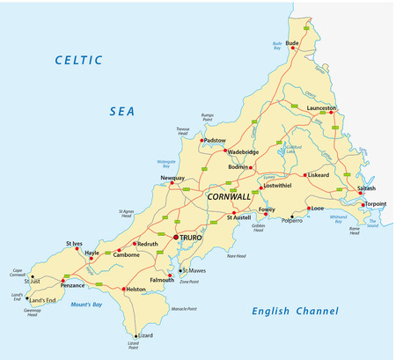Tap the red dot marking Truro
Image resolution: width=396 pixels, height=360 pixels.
click(175, 237)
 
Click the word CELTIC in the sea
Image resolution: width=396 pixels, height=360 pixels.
click(79, 60)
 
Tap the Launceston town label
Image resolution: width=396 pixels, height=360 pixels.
click(321, 107)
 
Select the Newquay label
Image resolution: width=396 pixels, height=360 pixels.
click(172, 178)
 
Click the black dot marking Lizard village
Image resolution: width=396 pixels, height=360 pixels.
click(136, 335)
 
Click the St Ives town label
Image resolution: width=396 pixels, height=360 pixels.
click(75, 243)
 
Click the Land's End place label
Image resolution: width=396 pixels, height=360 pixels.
click(43, 301)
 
